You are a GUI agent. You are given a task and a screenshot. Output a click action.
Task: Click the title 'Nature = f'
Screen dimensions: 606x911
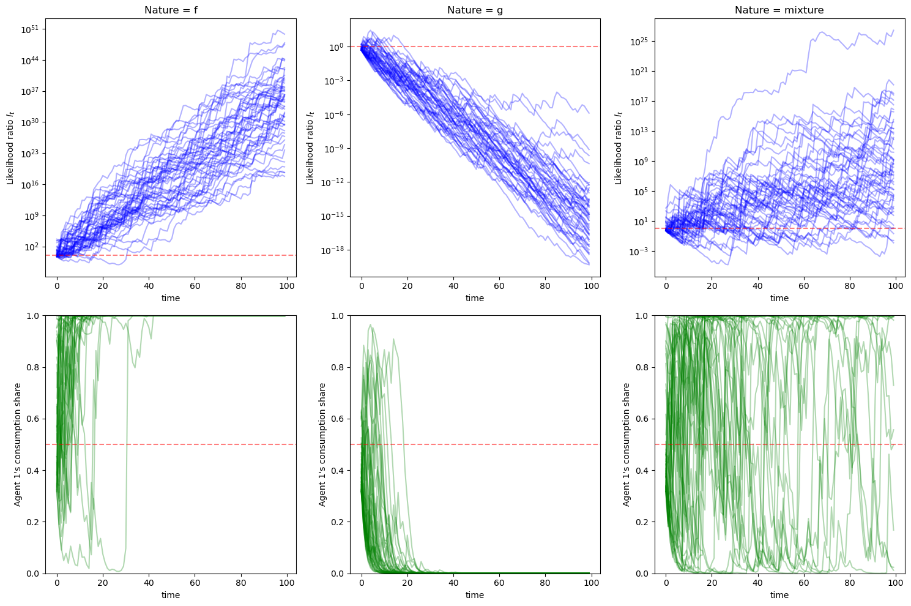coord(171,10)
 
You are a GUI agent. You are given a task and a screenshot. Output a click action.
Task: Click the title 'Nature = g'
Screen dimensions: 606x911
coord(475,10)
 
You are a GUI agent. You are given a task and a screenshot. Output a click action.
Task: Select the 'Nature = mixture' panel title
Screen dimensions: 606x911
coord(779,10)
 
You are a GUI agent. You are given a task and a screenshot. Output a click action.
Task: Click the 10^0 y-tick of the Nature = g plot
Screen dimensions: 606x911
coord(335,47)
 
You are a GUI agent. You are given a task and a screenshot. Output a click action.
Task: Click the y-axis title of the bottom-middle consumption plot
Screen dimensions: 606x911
coord(322,444)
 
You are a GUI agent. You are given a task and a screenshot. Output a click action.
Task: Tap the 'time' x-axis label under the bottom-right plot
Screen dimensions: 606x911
coord(779,595)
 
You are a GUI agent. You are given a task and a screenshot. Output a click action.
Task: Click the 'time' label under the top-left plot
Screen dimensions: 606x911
coord(171,298)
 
